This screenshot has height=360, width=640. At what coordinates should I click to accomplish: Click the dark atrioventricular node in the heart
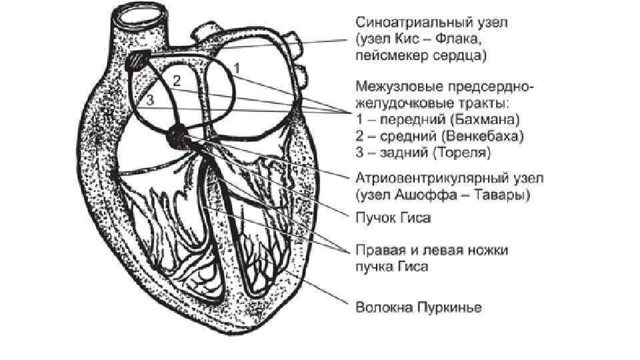click(178, 135)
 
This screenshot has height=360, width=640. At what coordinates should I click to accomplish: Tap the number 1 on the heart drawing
click(238, 68)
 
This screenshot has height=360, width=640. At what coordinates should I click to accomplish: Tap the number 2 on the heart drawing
click(177, 81)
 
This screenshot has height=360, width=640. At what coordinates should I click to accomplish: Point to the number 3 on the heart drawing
click(151, 100)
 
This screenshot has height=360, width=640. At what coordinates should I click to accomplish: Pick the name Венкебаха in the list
click(487, 137)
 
